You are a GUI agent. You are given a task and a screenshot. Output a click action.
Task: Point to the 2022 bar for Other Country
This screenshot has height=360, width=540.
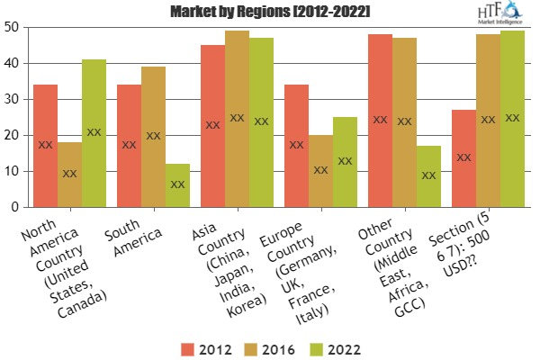pyautogui.click(x=428, y=176)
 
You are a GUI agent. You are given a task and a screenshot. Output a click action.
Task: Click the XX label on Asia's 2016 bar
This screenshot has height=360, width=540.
pyautogui.click(x=237, y=118)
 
